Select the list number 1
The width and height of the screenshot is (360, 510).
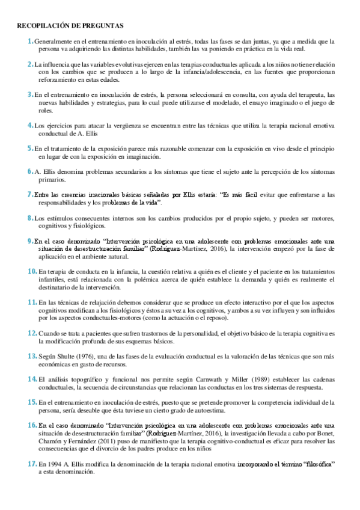coord(30,41)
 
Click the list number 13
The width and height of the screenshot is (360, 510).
coord(32,356)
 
